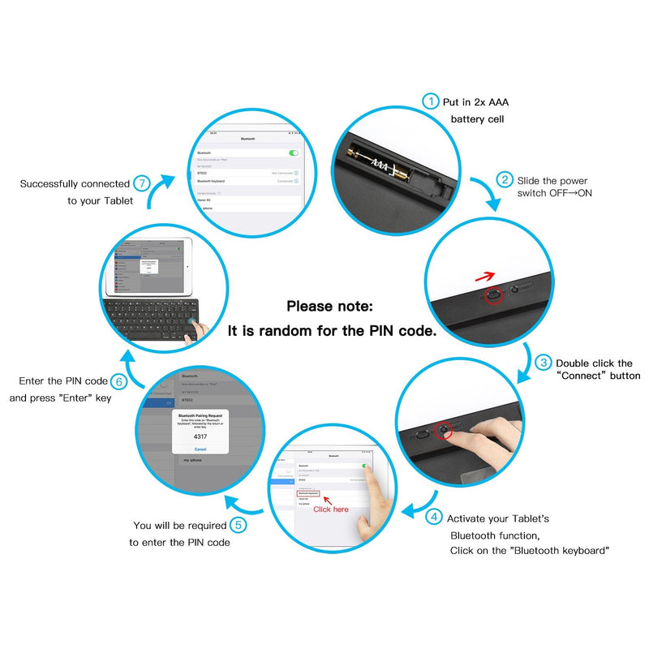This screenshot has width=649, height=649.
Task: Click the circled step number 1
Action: click(x=430, y=101)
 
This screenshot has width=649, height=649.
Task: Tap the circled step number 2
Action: click(x=505, y=180)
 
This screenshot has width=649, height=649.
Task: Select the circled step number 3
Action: click(x=544, y=363)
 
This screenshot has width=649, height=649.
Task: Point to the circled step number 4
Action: click(x=435, y=517)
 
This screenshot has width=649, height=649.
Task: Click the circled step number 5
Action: click(x=238, y=525)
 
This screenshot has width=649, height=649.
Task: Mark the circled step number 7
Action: click(x=141, y=183)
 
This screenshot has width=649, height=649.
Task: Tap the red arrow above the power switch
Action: click(x=485, y=278)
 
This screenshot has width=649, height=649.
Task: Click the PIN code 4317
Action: click(x=200, y=435)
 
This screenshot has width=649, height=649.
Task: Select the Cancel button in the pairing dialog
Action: click(x=200, y=449)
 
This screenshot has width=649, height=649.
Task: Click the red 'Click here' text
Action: click(x=331, y=509)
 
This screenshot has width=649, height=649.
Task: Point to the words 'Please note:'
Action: click(x=329, y=307)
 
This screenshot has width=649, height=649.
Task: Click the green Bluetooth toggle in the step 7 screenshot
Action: click(x=293, y=153)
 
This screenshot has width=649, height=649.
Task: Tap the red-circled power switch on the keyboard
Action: click(x=492, y=297)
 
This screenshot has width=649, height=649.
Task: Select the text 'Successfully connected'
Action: click(x=75, y=184)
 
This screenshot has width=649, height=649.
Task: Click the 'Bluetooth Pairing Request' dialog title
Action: click(x=200, y=412)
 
